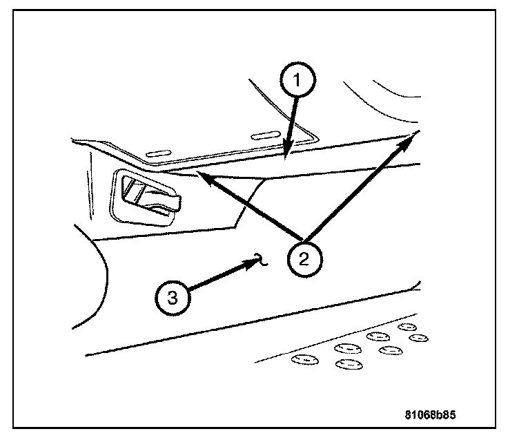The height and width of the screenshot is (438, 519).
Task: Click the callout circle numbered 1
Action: pyautogui.click(x=298, y=80)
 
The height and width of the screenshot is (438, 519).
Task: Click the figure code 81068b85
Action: pyautogui.click(x=431, y=417)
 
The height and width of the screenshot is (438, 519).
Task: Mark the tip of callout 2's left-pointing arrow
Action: pyautogui.click(x=199, y=175)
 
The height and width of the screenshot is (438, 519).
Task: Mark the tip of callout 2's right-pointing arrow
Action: pyautogui.click(x=415, y=133)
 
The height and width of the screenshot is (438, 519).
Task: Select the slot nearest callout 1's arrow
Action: pyautogui.click(x=268, y=135)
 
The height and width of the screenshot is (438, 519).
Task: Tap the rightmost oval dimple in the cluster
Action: pyautogui.click(x=418, y=337)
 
